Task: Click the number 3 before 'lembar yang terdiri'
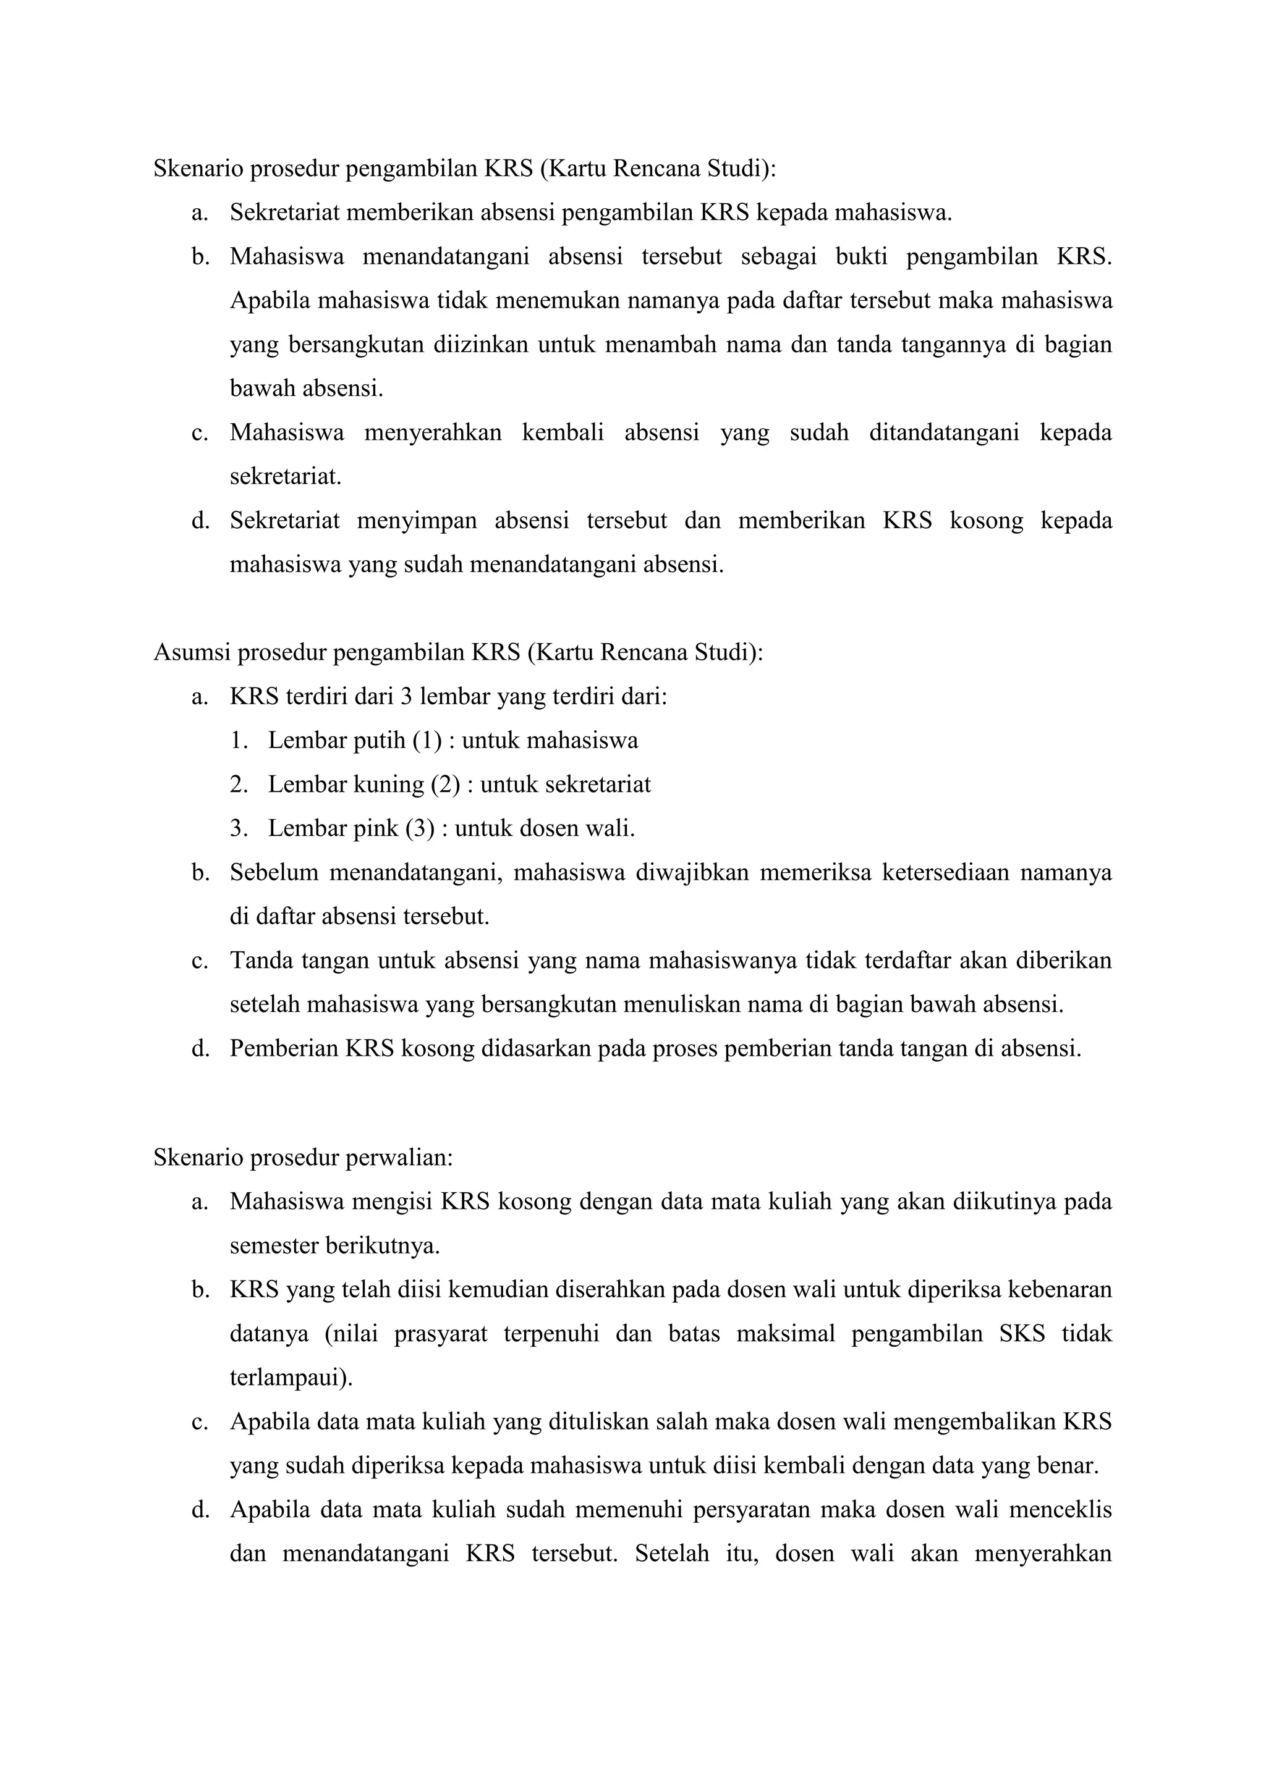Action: (406, 696)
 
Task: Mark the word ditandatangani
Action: (944, 432)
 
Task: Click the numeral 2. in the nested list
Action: (238, 784)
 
